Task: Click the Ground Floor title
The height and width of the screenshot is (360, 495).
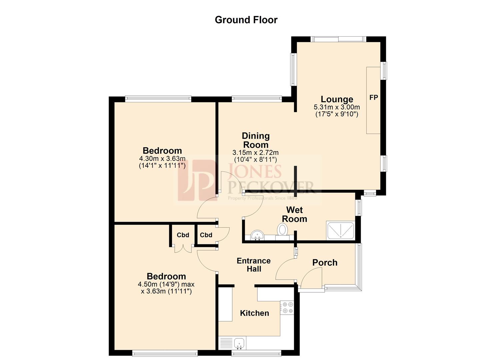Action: [246, 20]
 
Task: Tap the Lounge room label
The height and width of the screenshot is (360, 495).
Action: [337, 99]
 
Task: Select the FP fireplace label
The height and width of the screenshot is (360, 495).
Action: [374, 97]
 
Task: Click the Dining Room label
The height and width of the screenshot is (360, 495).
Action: [256, 140]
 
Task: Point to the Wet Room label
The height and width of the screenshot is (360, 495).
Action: [294, 214]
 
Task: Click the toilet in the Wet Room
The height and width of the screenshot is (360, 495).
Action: [283, 230]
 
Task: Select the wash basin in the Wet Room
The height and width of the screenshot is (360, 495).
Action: [257, 235]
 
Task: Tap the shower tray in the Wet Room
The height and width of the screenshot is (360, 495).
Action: [340, 230]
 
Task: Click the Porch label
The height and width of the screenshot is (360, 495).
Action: [325, 263]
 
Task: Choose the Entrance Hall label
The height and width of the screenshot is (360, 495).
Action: [254, 265]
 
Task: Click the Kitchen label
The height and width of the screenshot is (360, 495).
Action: [254, 313]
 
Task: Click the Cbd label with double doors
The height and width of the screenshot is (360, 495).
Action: [183, 235]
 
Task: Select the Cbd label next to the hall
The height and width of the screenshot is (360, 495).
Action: [206, 235]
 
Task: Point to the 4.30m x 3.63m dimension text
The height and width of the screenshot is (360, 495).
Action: [162, 158]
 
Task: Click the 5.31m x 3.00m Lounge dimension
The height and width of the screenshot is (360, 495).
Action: [337, 107]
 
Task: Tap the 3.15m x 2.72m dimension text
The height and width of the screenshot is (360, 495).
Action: [256, 153]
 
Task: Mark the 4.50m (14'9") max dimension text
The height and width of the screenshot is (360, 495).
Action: [166, 284]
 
